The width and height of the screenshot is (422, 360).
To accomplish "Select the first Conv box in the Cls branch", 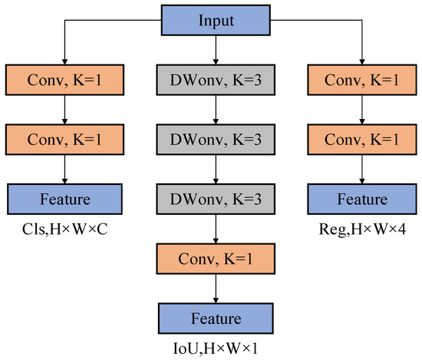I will click(65, 78).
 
